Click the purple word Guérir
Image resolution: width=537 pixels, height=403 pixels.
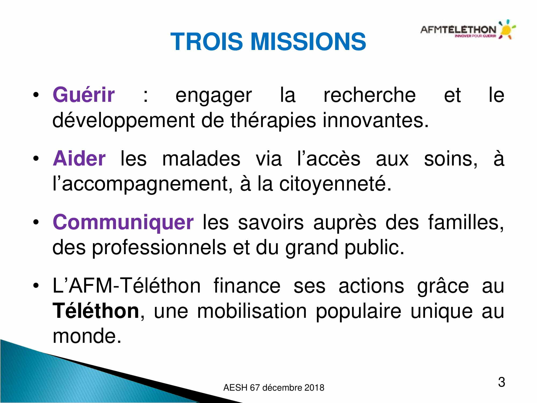coord(84,95)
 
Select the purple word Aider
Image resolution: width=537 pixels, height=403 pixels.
coord(79,159)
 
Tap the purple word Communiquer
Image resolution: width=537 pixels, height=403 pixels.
coord(123,222)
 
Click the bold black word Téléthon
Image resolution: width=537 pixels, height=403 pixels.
coord(96,311)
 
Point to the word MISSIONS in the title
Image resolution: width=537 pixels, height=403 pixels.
coord(308,41)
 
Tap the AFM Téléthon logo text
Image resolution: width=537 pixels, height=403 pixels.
coord(458,30)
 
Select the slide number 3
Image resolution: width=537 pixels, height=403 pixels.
coord(501,382)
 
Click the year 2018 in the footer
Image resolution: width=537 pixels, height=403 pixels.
coord(314,388)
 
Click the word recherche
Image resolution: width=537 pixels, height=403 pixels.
coord(369,95)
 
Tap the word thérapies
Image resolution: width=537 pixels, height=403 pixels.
coord(273,120)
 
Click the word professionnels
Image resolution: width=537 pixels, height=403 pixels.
coord(159,247)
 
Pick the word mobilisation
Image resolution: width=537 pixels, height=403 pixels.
coord(252,311)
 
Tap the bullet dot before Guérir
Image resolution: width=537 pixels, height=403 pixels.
coord(36,95)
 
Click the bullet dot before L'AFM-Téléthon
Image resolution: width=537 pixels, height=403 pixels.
coord(36,286)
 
